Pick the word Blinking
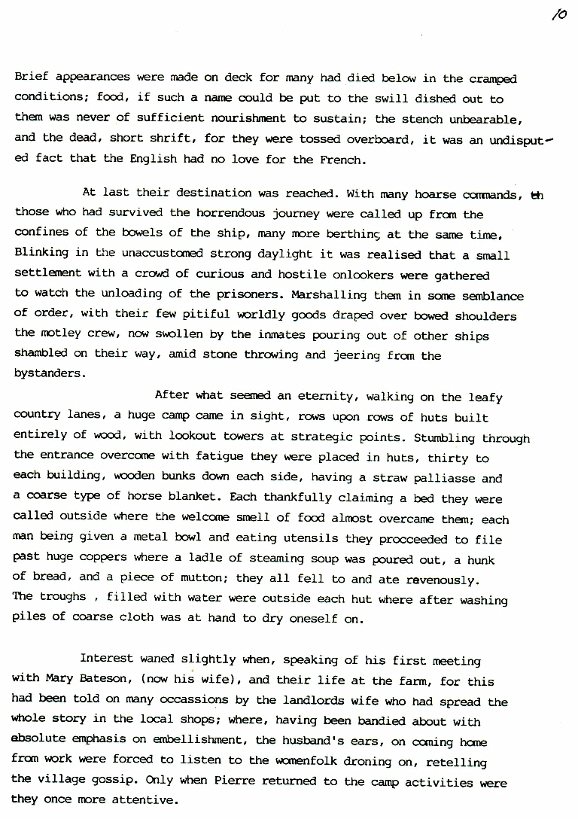[x=41, y=254]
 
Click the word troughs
[x=63, y=598]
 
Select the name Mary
[x=59, y=678]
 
